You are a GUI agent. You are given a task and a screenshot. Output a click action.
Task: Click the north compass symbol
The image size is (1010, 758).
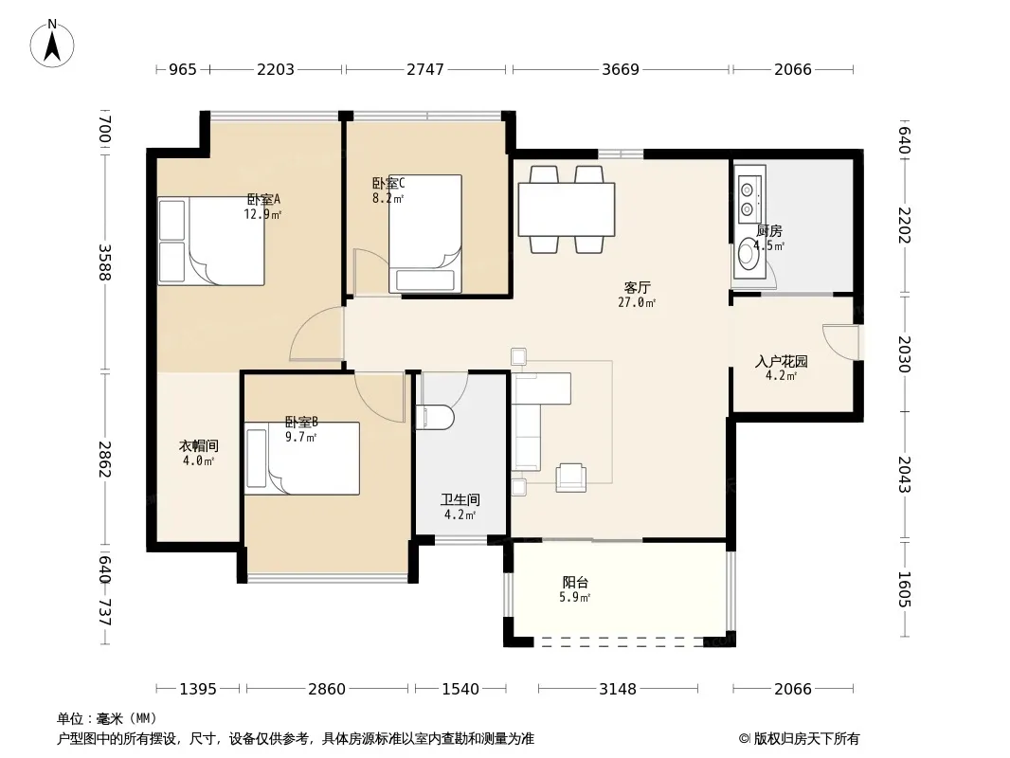pos(52,44)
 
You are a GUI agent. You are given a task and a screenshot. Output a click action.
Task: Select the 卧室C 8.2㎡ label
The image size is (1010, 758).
pos(388,190)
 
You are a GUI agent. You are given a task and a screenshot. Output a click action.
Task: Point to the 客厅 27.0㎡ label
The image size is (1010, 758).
pos(637,295)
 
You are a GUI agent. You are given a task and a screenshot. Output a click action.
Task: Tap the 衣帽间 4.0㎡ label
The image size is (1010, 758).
pos(198,453)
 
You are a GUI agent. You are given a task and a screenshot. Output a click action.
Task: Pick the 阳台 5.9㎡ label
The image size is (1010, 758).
pos(575,589)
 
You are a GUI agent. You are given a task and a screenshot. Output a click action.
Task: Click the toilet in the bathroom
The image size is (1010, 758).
pos(436,417)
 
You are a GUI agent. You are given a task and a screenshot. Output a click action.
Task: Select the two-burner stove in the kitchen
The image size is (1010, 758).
pos(748,199)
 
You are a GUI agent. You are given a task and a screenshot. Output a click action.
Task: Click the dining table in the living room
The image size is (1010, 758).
pos(567,210)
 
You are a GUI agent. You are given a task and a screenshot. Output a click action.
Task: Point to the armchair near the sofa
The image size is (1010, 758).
pos(570,478)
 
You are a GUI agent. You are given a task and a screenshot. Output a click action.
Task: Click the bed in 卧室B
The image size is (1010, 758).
pos(301,459)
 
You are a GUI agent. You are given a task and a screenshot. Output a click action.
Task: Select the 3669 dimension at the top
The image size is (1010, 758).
pos(621,69)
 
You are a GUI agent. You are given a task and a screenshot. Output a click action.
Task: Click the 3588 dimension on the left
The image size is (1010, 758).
pos(104,262)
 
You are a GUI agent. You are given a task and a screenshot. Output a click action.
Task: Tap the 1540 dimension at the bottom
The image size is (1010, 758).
pos(460,689)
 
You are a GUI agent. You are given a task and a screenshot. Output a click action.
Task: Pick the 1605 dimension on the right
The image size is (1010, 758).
pos(905,589)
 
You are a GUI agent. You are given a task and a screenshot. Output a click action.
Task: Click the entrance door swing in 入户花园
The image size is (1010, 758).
pos(840,342)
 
